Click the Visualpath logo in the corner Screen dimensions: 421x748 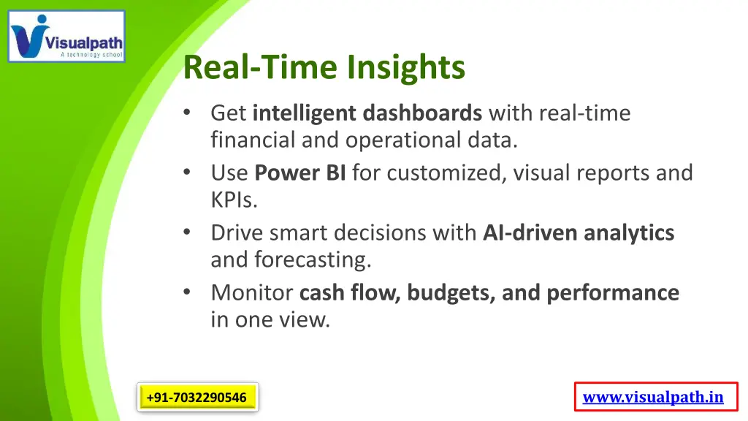(x=66, y=36)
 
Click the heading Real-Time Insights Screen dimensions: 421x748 (x=324, y=68)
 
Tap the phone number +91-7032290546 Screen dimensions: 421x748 (x=196, y=398)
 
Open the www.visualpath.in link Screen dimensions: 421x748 (x=653, y=398)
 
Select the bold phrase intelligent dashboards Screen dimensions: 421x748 (x=367, y=114)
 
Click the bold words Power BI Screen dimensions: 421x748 (x=300, y=173)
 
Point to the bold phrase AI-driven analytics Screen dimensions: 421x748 (x=579, y=233)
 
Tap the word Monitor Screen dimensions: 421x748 (x=252, y=293)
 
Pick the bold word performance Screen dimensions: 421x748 (x=613, y=293)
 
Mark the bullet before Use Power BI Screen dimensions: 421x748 (x=187, y=173)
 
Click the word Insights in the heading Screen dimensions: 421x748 (x=405, y=68)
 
